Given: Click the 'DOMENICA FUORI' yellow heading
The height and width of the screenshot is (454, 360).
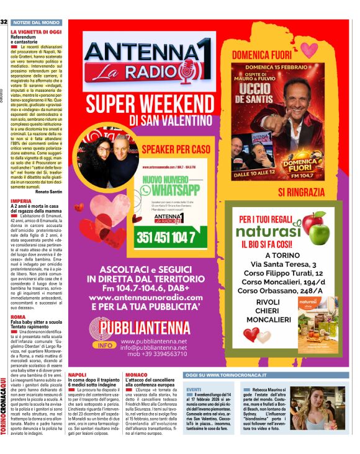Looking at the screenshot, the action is point(264,55).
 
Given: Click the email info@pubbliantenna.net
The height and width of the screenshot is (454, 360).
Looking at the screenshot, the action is point(153,348).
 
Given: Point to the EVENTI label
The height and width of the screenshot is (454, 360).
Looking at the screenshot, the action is point(193,388).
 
